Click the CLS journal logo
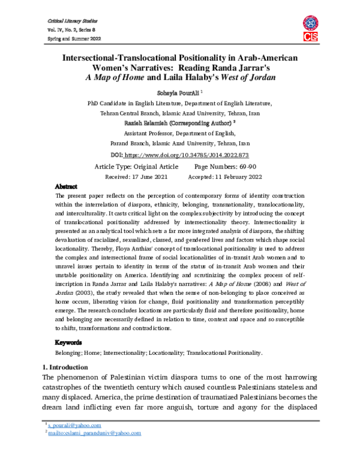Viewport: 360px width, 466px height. pos(312,28)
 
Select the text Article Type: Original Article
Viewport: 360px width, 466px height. pos(137,166)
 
